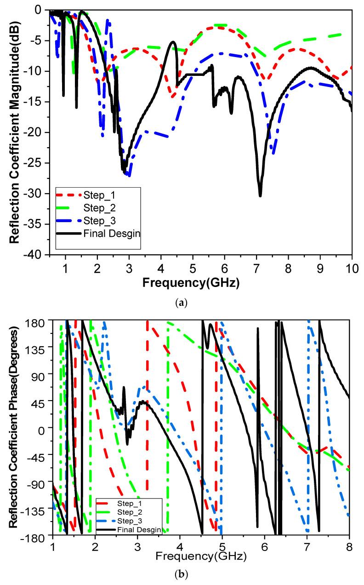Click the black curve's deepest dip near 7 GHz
pyautogui.click(x=260, y=195)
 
